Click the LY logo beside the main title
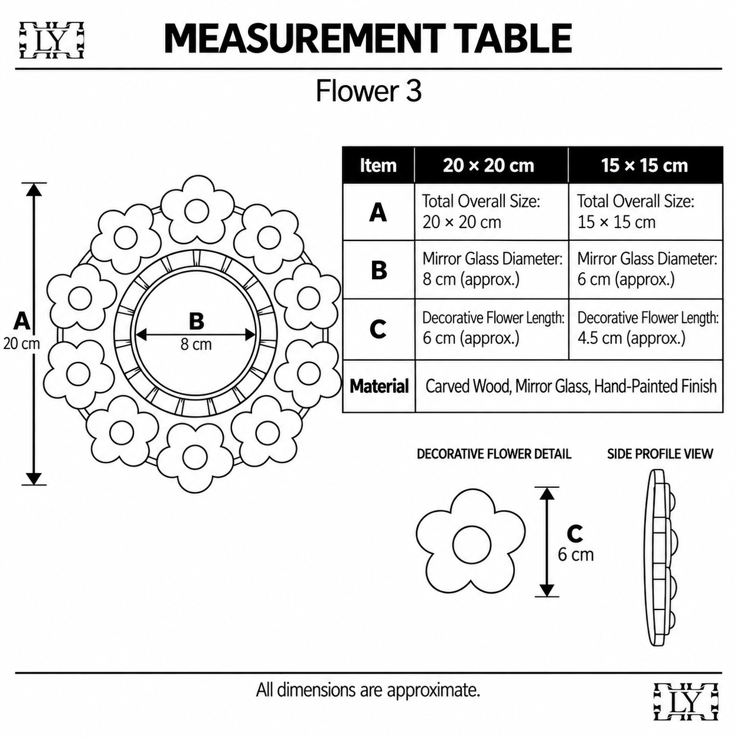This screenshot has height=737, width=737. click(52, 41)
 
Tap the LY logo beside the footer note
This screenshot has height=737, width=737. click(685, 701)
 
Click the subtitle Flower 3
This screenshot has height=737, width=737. click(369, 91)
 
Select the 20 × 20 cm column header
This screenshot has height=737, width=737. click(491, 165)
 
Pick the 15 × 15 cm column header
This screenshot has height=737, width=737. click(645, 165)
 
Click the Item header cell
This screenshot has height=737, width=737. click(378, 165)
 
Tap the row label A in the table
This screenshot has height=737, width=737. click(378, 212)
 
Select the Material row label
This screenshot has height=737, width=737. click(379, 386)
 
